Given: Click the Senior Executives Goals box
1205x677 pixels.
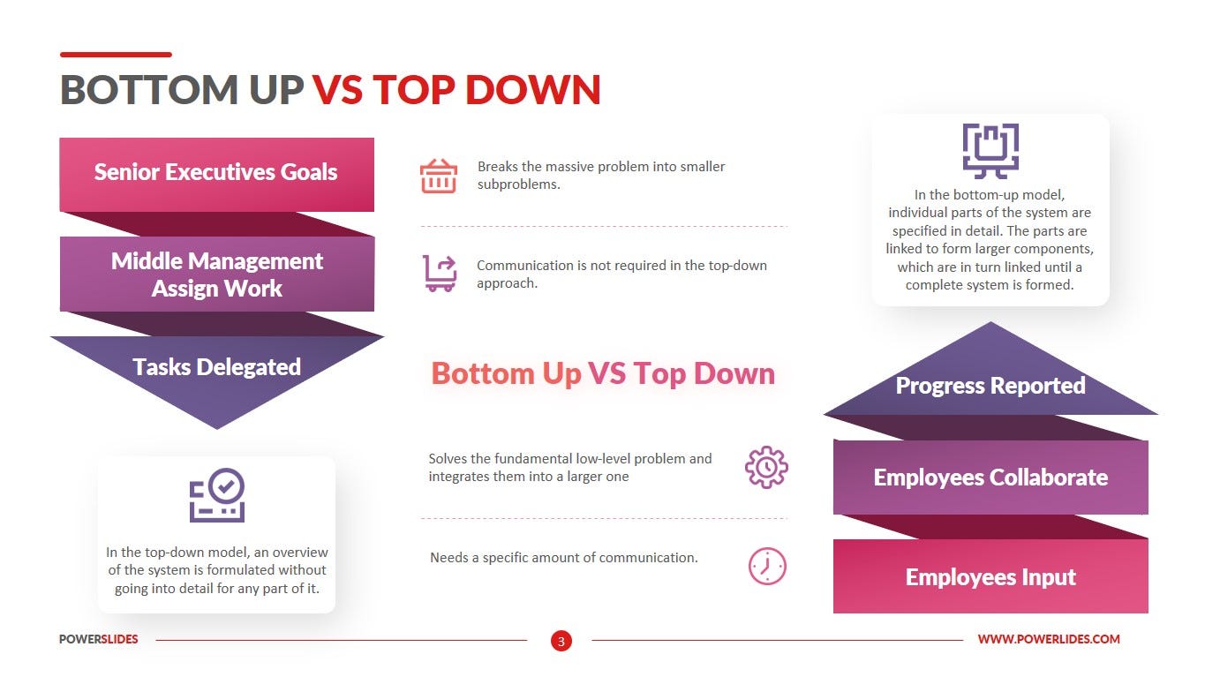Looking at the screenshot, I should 216,173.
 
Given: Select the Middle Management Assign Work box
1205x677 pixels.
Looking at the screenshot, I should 216,275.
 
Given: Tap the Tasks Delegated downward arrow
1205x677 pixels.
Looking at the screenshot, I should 216,371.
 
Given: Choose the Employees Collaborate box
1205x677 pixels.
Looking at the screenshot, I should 990,478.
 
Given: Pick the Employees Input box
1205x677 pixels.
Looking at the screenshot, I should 990,577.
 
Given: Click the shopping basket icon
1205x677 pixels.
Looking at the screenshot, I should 438,176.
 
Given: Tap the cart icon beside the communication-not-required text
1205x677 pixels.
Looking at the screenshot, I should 439,274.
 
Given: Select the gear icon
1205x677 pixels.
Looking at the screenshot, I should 766,468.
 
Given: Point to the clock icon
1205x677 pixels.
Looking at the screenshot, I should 766,566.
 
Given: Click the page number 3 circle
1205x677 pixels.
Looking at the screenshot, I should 561,640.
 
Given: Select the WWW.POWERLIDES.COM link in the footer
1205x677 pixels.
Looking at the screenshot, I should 1049,639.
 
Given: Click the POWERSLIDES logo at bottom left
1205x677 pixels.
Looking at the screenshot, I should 99,639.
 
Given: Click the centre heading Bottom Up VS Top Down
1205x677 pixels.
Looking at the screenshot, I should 603,373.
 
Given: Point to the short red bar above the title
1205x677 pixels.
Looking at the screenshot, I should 116,55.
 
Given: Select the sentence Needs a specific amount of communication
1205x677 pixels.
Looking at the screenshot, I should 563,558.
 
